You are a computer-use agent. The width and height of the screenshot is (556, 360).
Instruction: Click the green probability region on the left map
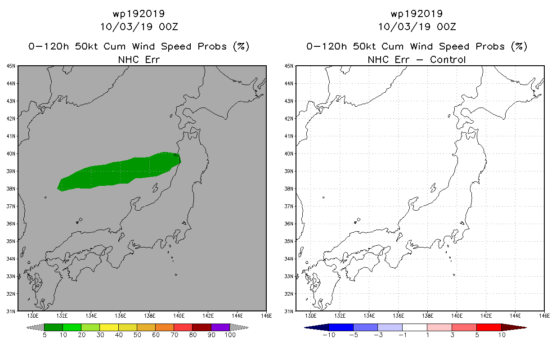coord(119,172)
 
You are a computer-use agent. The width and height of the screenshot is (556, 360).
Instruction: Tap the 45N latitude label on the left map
coord(11,66)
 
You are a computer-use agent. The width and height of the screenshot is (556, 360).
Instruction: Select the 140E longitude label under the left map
coord(179,316)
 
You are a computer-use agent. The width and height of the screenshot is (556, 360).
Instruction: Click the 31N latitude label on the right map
coord(289,311)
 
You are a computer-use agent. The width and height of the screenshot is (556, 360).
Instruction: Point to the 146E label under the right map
coord(544,316)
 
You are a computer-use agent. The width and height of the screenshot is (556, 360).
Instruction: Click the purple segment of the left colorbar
coord(220,327)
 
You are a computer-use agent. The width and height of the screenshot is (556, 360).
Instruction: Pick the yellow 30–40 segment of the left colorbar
coord(109,327)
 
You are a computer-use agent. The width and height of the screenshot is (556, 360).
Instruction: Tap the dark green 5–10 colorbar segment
coord(54,327)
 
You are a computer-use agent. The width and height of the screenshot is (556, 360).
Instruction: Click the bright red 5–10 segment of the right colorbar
coord(489,327)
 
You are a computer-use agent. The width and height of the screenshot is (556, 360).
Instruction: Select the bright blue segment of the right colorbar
coord(341,327)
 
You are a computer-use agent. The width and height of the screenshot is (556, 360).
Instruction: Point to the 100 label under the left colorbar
coord(230,335)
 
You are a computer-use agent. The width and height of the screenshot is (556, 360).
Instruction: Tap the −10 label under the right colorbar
coord(329,335)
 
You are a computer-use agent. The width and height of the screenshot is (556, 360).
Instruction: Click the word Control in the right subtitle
coord(448,60)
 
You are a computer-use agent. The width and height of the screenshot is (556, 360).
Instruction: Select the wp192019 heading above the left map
coord(139,14)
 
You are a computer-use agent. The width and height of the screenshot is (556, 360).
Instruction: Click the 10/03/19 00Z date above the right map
coord(417,27)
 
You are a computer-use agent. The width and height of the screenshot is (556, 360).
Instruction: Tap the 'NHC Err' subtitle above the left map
coord(139,60)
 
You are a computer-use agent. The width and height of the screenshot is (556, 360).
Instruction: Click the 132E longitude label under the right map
coord(340,316)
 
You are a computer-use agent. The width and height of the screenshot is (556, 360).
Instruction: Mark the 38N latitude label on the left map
coord(11,189)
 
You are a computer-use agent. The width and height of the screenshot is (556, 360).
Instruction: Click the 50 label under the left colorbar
coord(137,335)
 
